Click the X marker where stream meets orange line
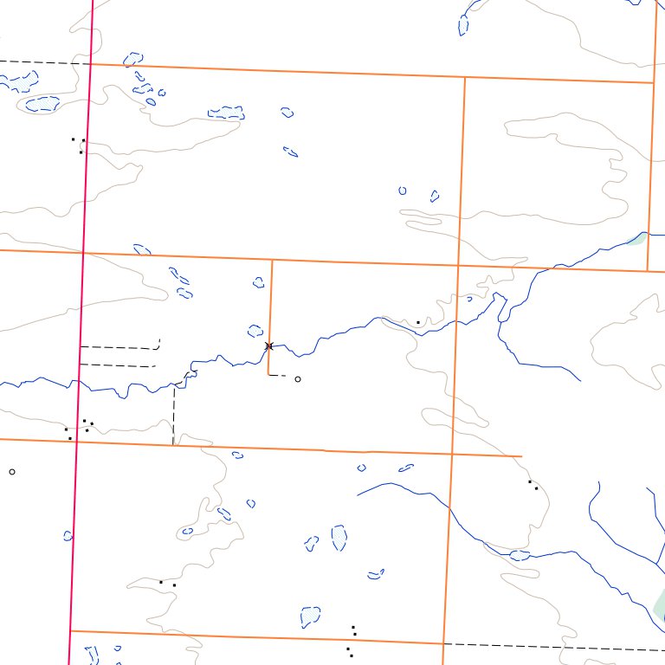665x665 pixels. tap(269, 345)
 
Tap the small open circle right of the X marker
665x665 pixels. tap(298, 379)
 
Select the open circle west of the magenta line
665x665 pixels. tap(12, 472)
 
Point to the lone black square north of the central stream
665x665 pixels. tap(418, 322)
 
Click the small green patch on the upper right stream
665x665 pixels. tap(636, 239)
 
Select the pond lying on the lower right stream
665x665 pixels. tap(520, 554)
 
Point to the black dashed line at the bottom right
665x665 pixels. tap(554, 646)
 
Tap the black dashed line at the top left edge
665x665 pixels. tap(43, 62)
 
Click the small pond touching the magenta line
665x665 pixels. tap(68, 536)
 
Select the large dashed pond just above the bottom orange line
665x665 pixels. tap(309, 617)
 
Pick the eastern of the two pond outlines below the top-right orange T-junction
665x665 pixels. tap(435, 196)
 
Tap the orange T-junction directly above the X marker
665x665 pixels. tap(272, 260)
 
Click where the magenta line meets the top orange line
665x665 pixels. tap(90, 63)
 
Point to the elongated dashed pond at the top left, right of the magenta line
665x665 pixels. tap(226, 113)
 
